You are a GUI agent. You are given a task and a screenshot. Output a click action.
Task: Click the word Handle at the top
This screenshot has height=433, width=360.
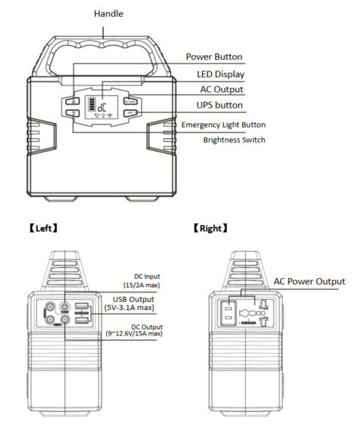108,14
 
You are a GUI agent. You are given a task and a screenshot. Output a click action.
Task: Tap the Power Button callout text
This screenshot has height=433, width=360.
214,57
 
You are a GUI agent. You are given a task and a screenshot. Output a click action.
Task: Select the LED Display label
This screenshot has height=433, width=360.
220,74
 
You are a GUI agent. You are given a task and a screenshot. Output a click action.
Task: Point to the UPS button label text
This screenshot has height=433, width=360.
220,105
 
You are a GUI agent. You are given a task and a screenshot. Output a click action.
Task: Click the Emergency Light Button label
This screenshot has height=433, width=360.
223,125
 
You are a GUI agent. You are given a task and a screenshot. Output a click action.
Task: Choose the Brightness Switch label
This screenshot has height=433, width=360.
234,140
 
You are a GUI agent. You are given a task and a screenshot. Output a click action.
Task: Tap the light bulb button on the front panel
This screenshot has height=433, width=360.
73,113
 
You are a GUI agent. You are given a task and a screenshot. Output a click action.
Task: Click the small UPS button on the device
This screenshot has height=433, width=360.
131,113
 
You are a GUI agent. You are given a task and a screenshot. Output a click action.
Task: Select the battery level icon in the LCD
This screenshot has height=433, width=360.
91,104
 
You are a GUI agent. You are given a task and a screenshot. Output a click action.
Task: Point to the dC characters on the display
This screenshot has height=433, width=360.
102,106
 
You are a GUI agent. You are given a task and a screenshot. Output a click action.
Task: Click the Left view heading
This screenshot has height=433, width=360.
44,229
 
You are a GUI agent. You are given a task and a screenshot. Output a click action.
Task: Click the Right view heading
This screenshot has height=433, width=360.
210,229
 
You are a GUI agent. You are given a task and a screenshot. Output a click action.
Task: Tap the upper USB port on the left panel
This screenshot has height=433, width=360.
81,306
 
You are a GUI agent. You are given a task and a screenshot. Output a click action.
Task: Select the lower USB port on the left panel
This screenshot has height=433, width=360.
81,320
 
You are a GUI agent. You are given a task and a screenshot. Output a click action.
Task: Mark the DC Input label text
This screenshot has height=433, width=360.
147,277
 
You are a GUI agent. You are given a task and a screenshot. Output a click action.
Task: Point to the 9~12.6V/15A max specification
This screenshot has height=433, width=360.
134,333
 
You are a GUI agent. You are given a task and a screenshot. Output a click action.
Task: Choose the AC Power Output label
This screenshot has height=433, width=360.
309,282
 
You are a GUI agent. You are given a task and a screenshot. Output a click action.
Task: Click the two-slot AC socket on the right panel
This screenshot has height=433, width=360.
228,313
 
